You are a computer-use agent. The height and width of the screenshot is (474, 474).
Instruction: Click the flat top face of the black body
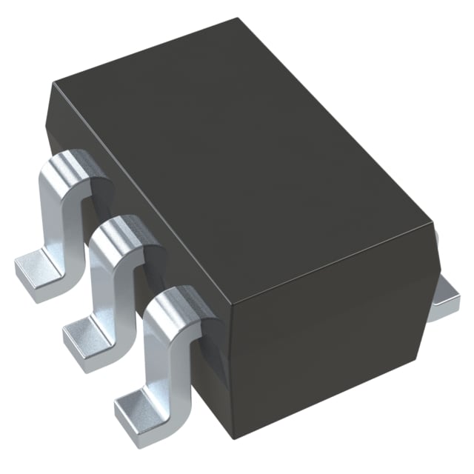click(244, 148)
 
